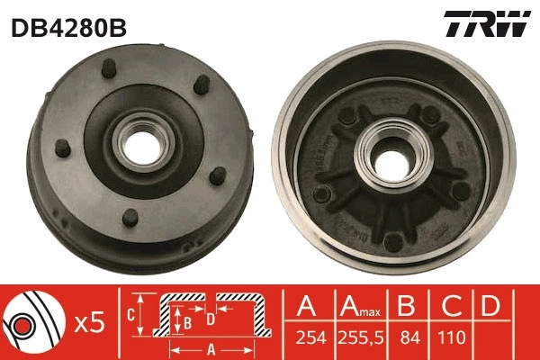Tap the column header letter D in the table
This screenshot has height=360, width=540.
(x=490, y=307)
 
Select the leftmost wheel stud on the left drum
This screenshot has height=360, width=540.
(x=61, y=148)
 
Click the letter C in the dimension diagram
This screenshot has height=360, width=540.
(x=130, y=315)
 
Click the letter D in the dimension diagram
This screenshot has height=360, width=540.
(x=210, y=319)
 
